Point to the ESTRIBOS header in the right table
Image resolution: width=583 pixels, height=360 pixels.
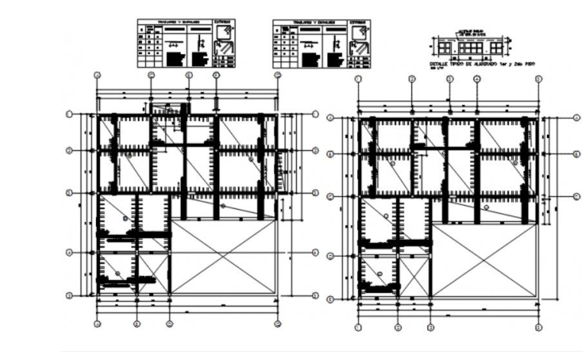point(359,23)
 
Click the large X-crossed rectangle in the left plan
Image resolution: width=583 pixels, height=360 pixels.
point(224,257)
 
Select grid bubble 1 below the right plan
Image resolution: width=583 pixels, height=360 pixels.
point(358,328)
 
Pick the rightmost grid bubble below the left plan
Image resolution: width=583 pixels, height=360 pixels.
point(277,324)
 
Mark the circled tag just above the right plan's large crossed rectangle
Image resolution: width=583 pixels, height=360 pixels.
point(486,208)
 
